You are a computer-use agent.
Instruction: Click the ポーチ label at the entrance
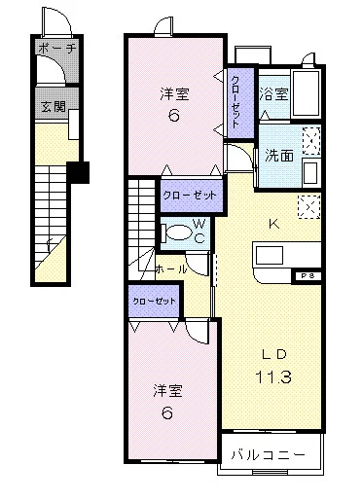(x=56, y=48)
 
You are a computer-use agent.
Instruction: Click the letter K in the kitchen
(x=273, y=223)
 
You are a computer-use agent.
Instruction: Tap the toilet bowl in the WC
(x=178, y=233)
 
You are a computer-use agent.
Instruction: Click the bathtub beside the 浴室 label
(x=310, y=93)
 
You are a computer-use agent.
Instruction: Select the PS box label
(x=307, y=275)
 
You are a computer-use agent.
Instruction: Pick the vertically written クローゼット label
(x=236, y=100)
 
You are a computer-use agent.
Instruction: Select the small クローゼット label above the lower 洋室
(x=154, y=302)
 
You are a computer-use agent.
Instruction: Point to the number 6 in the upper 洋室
(x=173, y=115)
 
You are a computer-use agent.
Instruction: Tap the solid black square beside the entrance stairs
(x=84, y=174)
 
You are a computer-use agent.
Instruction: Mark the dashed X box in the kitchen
(x=310, y=206)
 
